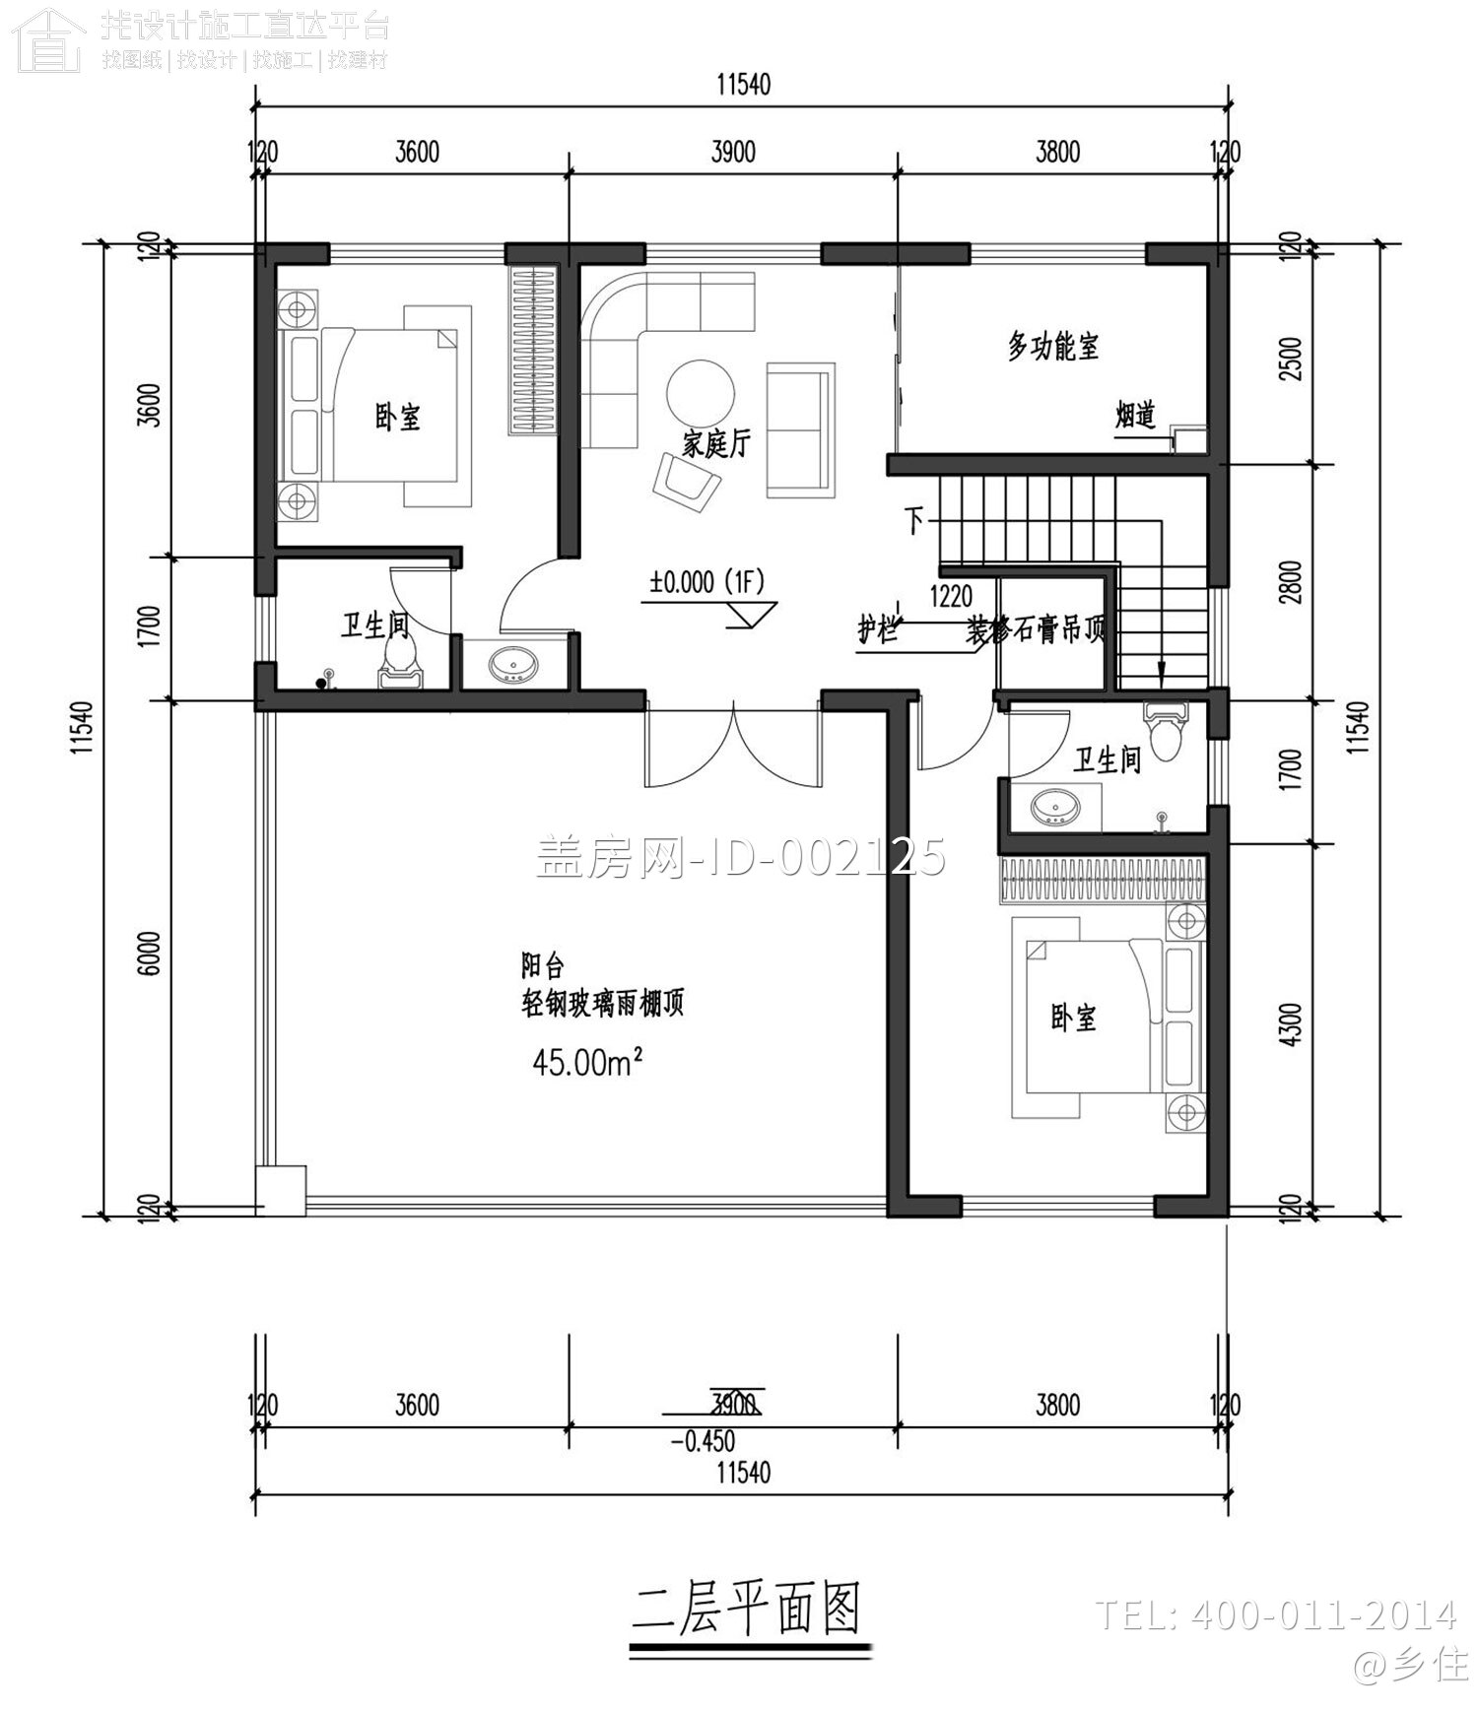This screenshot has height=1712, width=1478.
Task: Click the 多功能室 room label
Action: coord(1052,347)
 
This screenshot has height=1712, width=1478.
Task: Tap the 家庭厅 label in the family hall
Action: coord(716,443)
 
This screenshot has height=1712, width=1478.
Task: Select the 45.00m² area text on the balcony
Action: coord(588,1062)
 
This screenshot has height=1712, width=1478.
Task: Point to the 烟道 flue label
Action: coord(1134,416)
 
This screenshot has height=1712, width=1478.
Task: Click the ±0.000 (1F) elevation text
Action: coord(706,582)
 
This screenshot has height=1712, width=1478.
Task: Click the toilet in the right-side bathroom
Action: coord(1165,731)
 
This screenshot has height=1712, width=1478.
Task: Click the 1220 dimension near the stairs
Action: coord(950,596)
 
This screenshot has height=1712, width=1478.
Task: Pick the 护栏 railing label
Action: coord(877,628)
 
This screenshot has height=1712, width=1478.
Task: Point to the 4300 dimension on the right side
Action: coord(1292,1023)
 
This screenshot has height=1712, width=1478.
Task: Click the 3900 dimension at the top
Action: coord(732,152)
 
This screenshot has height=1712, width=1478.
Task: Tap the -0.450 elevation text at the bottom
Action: coord(703,1441)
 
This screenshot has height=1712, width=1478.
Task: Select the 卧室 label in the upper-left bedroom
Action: coord(397,417)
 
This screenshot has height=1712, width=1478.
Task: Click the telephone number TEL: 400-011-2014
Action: coord(1275,1615)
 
